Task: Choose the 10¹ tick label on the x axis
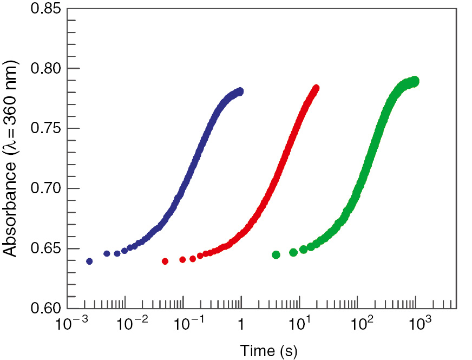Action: (x=301, y=326)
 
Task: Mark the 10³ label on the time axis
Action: (x=418, y=326)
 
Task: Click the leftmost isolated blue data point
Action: (x=89, y=261)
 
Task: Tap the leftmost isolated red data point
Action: (x=165, y=261)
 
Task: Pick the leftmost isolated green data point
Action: (x=276, y=255)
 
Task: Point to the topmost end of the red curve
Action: (x=316, y=88)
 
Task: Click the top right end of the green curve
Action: (x=416, y=81)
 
